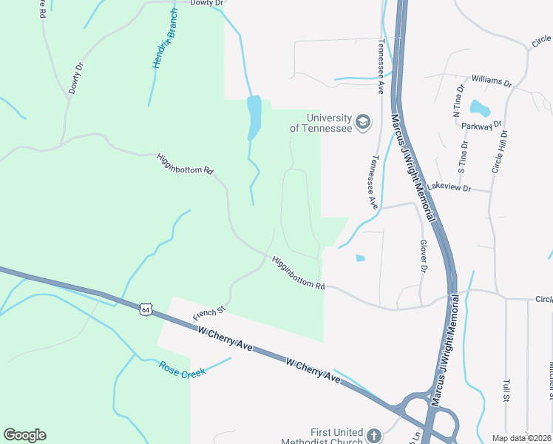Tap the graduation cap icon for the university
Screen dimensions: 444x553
click(363, 121)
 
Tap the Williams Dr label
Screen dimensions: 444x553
click(491, 81)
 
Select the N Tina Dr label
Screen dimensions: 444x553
click(459, 101)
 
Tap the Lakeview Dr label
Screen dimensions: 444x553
click(449, 187)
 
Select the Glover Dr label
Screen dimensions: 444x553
click(424, 257)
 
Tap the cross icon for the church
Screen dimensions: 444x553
click(374, 436)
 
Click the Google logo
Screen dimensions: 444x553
click(24, 435)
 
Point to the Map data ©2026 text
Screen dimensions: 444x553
click(521, 438)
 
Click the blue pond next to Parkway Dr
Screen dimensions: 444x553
click(480, 108)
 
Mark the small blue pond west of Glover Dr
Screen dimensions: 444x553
click(360, 258)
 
